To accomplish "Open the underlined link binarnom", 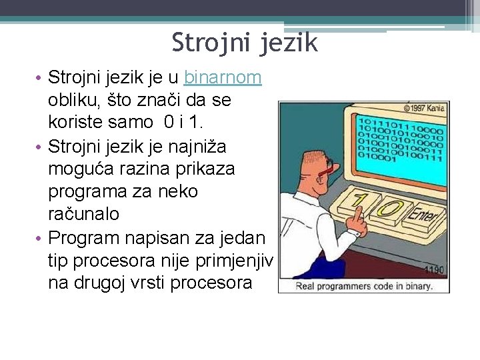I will pyautogui.click(x=223, y=78).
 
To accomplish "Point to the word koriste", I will pyautogui.click(x=75, y=123).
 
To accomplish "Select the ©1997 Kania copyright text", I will pyautogui.click(x=424, y=107).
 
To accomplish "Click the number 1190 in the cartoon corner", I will pyautogui.click(x=433, y=270).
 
